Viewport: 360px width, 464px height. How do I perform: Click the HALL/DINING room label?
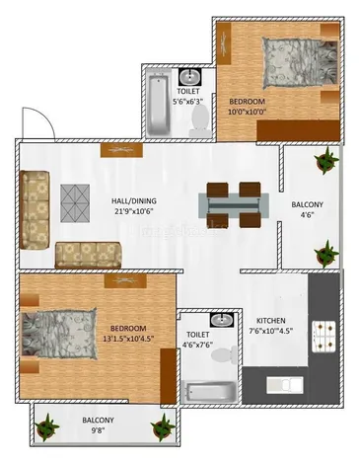134,200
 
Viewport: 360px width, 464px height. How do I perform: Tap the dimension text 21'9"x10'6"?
134,211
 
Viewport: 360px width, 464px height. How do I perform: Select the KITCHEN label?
271,320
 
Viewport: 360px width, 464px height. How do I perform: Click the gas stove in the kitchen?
324,337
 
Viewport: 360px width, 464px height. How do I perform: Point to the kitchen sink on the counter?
285,385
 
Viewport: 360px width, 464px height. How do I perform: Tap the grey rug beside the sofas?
75,202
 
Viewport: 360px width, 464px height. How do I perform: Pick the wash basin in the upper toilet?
189,77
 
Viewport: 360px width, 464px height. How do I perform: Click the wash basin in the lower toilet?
222,320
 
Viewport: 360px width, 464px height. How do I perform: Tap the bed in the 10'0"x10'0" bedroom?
300,63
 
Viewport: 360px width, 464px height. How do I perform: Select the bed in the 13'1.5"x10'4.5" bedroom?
59,334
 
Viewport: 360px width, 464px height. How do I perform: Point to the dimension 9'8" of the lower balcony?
98,430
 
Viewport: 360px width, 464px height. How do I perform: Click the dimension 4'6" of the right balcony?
307,215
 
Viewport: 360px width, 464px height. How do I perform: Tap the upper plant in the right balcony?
326,160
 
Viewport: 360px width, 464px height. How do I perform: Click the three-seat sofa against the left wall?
35,209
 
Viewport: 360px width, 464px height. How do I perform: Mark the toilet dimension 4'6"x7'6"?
198,345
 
